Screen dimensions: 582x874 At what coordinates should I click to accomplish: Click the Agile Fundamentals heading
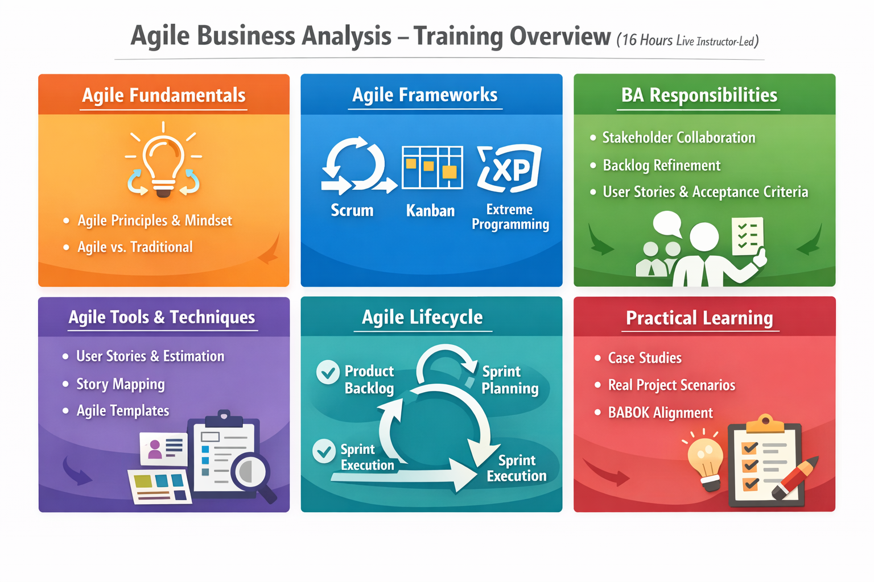(x=163, y=95)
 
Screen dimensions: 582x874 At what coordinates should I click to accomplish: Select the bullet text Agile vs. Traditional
(x=135, y=247)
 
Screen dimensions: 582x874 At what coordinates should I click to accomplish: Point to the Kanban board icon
(x=432, y=167)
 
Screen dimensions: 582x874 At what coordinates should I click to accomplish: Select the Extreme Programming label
(x=510, y=217)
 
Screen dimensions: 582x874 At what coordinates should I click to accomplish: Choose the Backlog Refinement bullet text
(x=661, y=165)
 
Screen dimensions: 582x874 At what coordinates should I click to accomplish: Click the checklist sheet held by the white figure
(x=747, y=235)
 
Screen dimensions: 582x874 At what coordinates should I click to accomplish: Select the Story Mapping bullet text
(x=121, y=384)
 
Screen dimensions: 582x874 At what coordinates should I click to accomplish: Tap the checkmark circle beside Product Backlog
(x=328, y=373)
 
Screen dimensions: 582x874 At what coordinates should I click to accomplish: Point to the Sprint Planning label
(x=509, y=380)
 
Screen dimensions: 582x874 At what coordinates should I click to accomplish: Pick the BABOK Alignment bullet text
(x=660, y=413)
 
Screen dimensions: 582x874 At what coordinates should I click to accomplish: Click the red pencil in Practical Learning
(x=796, y=478)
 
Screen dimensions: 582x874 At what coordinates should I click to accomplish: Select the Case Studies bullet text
(x=645, y=358)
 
